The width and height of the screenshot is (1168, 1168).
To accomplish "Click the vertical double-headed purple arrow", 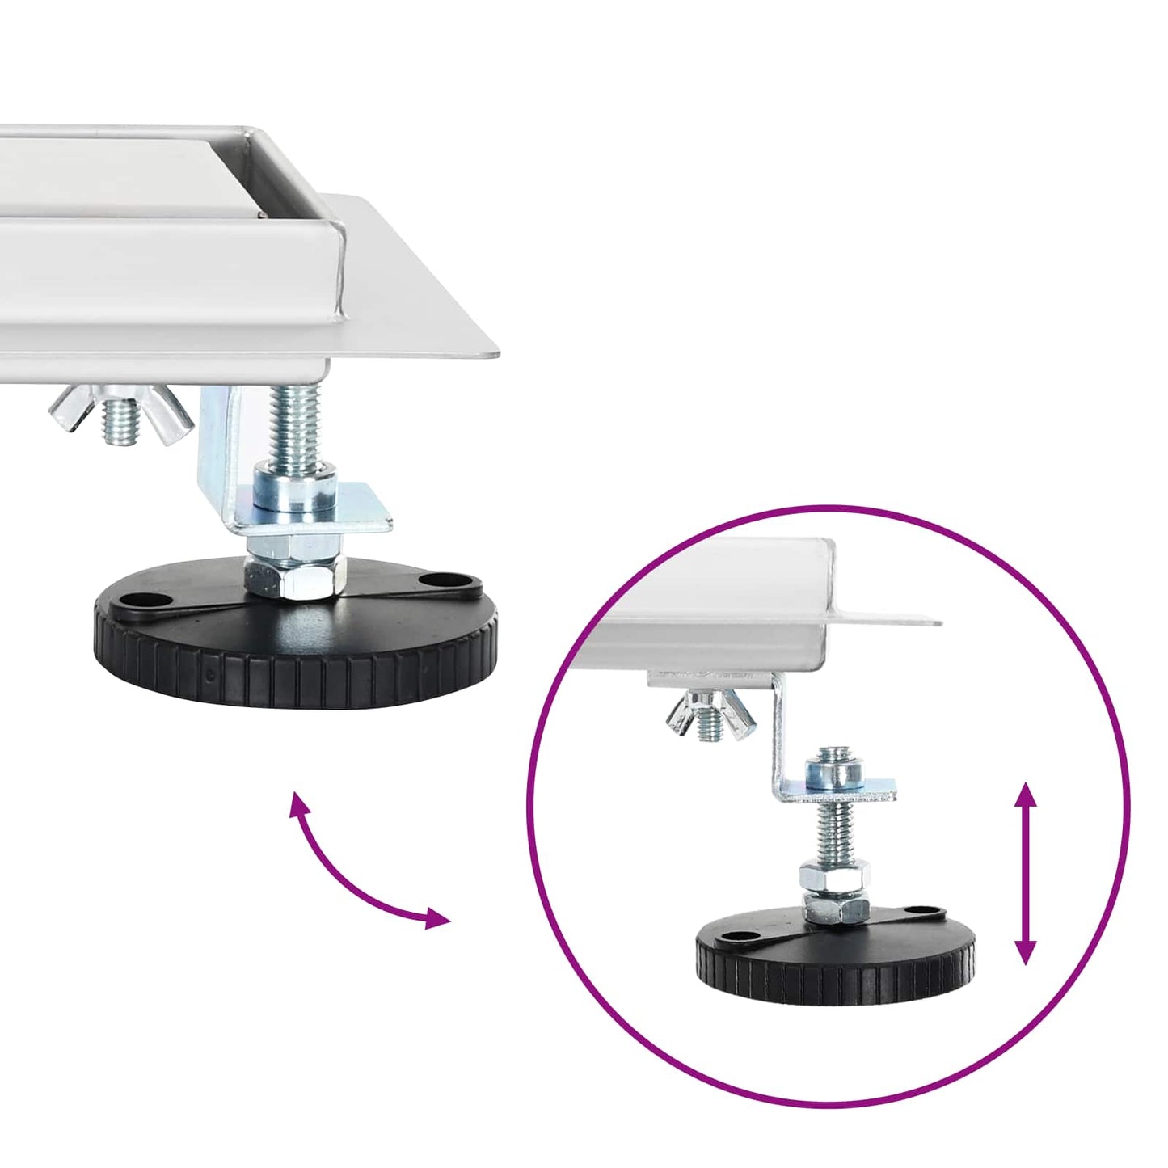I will click(x=1026, y=873).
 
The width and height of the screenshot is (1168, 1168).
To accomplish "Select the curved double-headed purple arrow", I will click(x=356, y=877).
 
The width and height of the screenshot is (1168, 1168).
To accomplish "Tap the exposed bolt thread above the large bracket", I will click(x=295, y=424).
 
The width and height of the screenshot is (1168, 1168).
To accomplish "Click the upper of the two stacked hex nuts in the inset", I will click(x=835, y=875).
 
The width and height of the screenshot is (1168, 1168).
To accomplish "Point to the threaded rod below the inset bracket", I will click(x=834, y=833).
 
